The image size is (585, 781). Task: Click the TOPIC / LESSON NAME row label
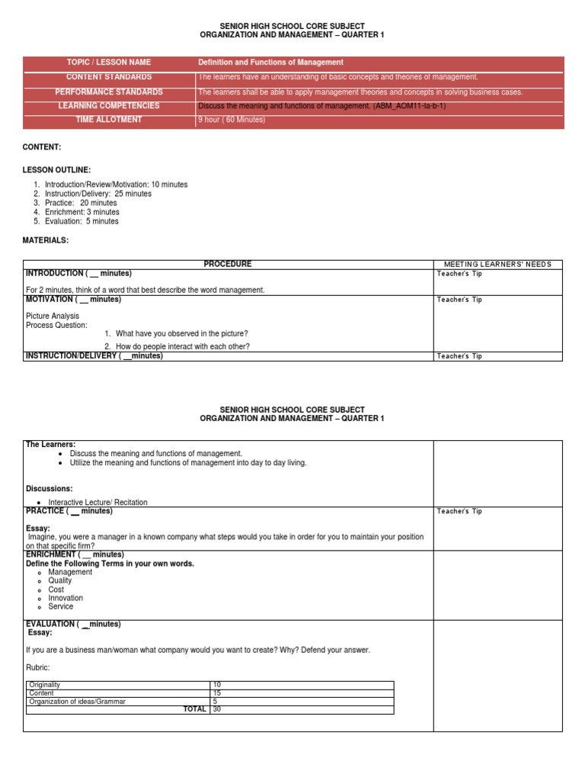109,63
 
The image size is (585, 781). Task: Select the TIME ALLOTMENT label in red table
109,120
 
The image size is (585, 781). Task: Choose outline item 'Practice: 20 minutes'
81,203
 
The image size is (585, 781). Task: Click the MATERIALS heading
46,240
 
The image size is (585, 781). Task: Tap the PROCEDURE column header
227,265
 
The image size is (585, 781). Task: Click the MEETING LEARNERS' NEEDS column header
498,265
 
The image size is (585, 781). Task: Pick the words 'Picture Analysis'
53,316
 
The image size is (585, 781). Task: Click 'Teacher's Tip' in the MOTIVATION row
459,300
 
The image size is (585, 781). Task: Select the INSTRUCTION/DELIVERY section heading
94,356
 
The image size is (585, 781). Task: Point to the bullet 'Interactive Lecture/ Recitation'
98,503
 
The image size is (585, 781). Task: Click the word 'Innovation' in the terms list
66,598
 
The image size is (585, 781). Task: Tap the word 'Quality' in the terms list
60,580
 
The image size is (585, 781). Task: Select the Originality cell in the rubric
46,685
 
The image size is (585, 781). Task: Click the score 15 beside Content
217,693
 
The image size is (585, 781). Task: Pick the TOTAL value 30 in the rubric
217,709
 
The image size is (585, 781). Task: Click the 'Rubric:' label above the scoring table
39,667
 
